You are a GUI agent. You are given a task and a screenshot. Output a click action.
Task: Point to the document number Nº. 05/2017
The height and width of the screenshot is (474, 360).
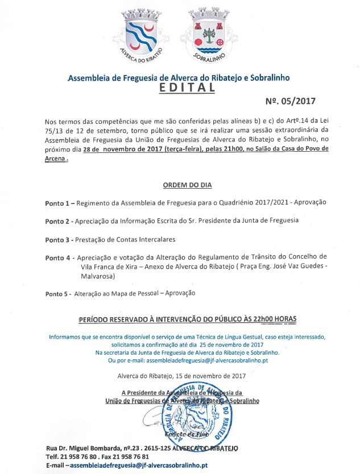[290, 102]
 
